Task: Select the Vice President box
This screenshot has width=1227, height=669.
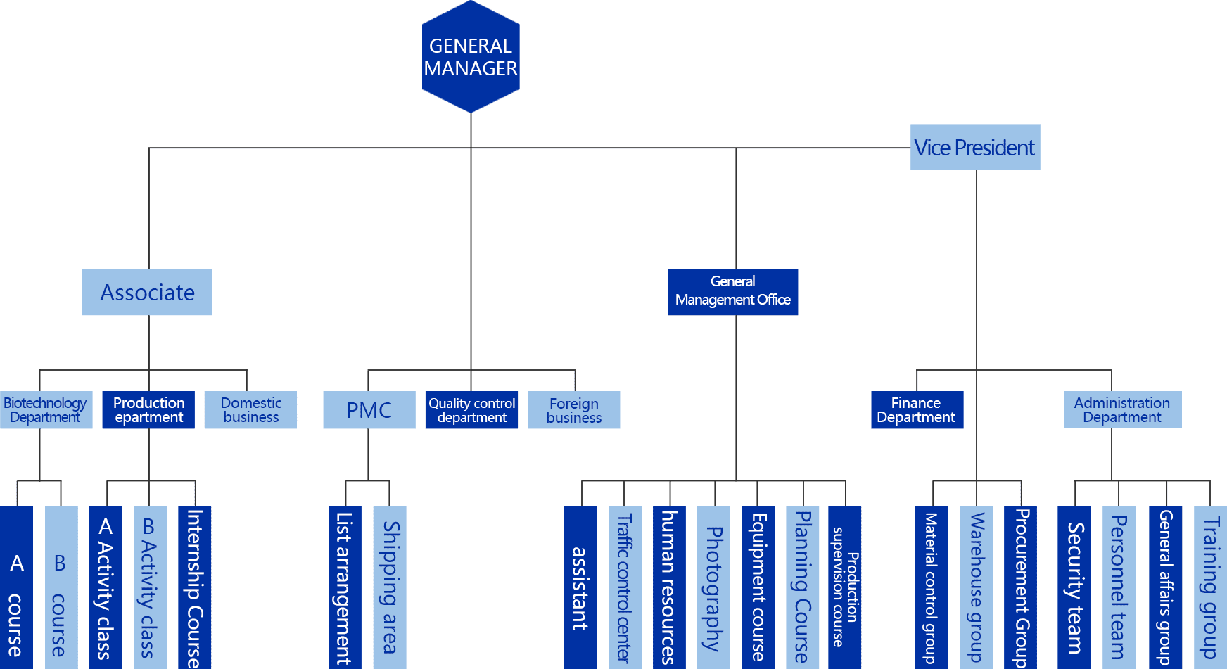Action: [974, 147]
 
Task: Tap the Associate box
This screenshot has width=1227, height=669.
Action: [147, 292]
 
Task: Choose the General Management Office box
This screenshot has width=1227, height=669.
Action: [732, 292]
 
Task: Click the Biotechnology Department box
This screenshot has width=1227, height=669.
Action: [46, 410]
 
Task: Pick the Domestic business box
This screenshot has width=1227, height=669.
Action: [250, 410]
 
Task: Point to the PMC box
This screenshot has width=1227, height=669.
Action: [369, 410]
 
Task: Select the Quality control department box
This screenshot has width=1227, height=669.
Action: [471, 410]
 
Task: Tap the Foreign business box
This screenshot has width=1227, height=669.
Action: [574, 410]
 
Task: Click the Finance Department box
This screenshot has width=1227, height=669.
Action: [917, 410]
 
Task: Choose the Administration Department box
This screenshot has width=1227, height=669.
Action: [1122, 410]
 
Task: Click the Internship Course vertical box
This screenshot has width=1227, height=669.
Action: [195, 587]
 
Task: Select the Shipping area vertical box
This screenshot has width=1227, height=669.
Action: [390, 587]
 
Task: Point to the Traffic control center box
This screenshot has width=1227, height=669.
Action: [625, 587]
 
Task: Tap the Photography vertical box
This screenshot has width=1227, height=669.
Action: [713, 587]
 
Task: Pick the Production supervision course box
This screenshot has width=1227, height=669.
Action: [844, 587]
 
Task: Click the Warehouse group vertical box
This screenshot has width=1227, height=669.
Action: [977, 587]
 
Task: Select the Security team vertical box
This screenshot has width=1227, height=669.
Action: [1074, 587]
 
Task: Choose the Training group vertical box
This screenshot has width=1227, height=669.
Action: [1210, 587]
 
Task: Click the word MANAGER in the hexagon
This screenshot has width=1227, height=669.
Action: [471, 69]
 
